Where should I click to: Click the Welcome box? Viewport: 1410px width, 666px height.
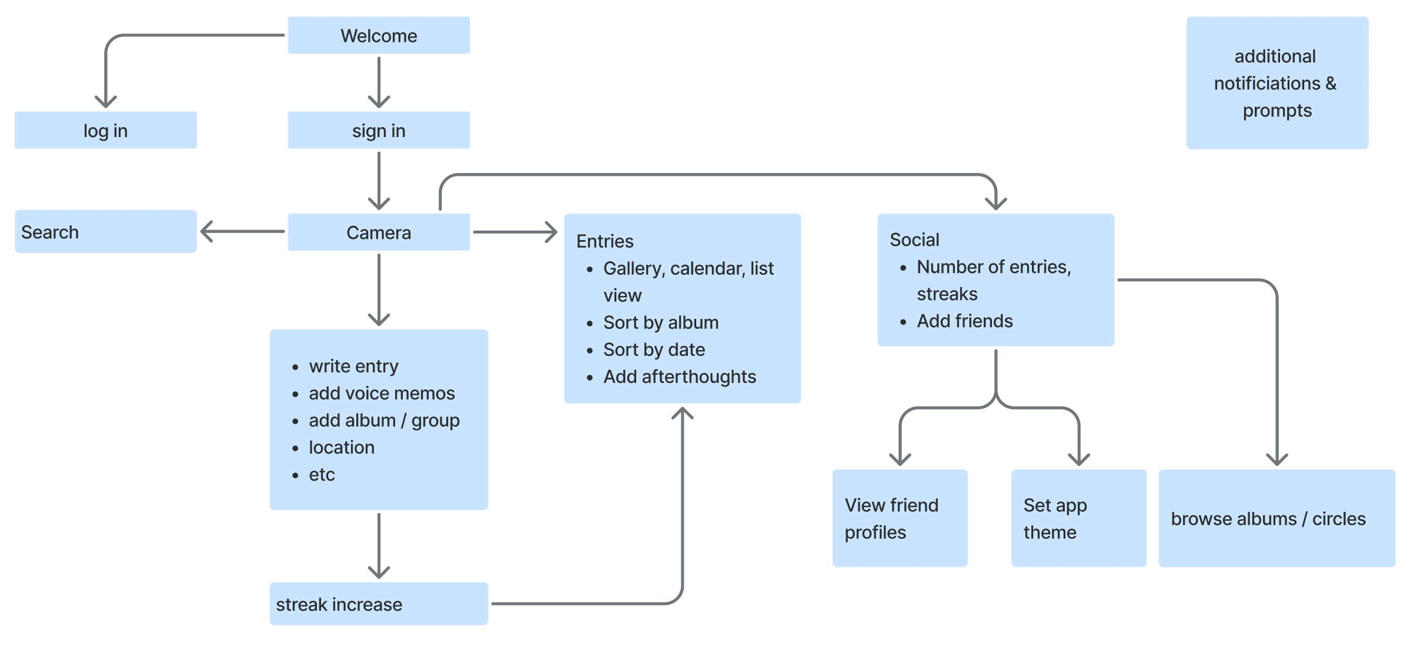(379, 35)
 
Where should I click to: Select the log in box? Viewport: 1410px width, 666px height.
(105, 130)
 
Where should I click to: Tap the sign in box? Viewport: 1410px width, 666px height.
(379, 130)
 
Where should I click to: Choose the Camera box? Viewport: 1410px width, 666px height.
(379, 232)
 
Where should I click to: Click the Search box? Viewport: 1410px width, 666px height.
(105, 232)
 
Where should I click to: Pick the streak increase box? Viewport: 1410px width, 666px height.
(379, 604)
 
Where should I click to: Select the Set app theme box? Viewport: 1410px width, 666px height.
(1078, 518)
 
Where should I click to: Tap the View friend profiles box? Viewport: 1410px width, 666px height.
(900, 518)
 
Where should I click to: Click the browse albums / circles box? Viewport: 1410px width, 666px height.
(1276, 518)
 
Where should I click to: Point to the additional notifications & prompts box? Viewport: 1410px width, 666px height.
(1277, 83)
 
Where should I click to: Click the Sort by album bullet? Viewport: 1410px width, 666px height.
(660, 322)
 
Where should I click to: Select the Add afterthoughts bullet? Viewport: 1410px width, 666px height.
(679, 377)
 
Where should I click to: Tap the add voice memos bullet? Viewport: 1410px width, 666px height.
(382, 393)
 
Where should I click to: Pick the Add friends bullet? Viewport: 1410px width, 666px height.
(964, 321)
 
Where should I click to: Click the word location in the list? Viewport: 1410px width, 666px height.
(342, 447)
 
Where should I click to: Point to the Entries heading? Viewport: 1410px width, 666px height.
(604, 241)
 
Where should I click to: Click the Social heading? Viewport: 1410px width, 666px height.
(914, 239)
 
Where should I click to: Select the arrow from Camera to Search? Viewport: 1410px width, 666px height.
(242, 231)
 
